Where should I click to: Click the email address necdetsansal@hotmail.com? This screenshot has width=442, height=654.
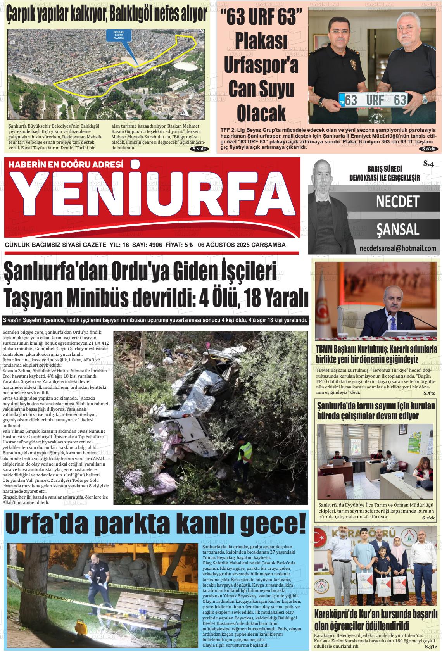[x=398, y=248]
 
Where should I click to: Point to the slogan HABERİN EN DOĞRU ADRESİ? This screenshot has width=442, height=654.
[x=66, y=164]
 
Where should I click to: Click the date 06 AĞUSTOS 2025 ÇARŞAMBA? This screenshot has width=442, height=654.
[x=242, y=245]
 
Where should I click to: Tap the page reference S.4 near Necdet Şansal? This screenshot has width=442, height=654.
[x=428, y=164]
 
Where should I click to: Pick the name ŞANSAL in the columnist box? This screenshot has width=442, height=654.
[x=398, y=229]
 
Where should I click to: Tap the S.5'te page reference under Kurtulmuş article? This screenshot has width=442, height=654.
[x=429, y=393]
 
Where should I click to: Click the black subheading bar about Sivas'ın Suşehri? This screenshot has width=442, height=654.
[x=155, y=321]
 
